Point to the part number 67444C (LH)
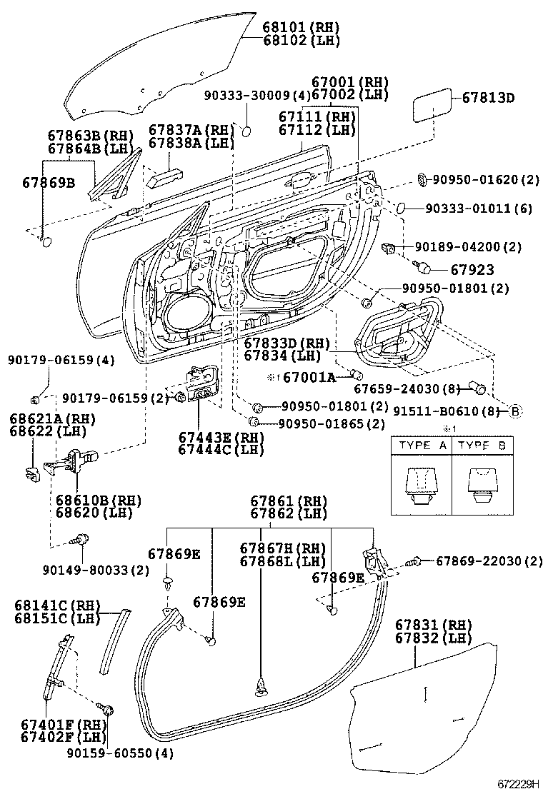[221, 450]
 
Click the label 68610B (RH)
[94, 500]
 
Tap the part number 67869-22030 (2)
[489, 561]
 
